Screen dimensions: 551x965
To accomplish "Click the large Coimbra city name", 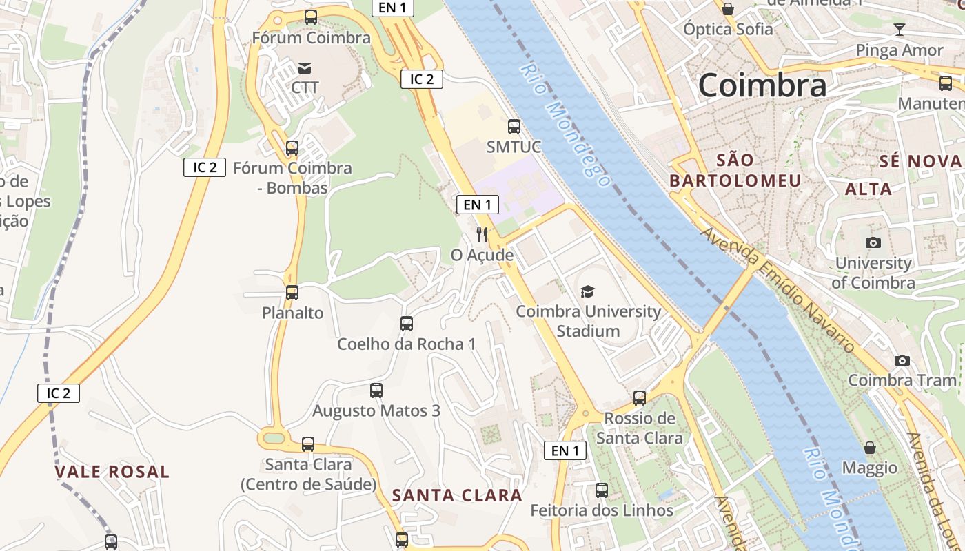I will (x=762, y=85).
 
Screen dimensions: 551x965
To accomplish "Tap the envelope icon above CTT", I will (x=304, y=67).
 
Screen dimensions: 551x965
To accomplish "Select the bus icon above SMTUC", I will (x=514, y=126).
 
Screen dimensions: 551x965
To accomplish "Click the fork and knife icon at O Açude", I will (x=482, y=235).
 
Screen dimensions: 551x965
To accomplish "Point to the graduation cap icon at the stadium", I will (x=587, y=291).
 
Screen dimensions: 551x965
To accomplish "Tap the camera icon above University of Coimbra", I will (x=873, y=242).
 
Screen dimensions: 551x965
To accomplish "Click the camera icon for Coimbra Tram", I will (x=902, y=360).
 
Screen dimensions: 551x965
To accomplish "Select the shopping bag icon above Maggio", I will (x=870, y=448).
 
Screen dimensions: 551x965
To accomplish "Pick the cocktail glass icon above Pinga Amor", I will (x=899, y=29).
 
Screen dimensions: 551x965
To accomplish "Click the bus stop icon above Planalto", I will (x=292, y=292).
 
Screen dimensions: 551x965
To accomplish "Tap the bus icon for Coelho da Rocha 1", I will (x=407, y=323).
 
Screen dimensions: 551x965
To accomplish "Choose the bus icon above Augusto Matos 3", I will (x=376, y=391).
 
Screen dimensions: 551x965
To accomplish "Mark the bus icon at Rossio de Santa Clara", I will (x=640, y=397).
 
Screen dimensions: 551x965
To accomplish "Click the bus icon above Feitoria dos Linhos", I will (x=602, y=490).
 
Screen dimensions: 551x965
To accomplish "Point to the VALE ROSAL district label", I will (x=112, y=472).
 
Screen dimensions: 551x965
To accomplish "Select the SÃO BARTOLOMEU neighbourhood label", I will (x=735, y=170).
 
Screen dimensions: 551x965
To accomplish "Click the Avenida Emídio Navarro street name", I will (x=778, y=290).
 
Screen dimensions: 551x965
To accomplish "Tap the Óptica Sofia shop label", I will (x=728, y=29).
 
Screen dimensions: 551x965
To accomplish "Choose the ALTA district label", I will (x=868, y=189).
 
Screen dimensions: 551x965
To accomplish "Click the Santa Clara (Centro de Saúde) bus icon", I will (x=308, y=444).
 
